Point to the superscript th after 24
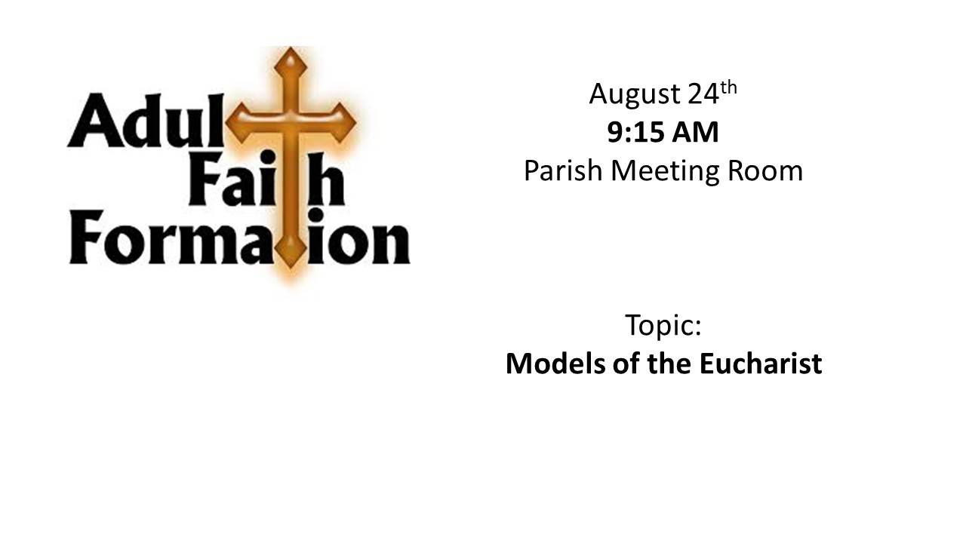729,88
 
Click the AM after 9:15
696,132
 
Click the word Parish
563,170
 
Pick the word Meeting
666,173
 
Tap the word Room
765,171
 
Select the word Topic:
663,327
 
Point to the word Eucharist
761,364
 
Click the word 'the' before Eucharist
669,364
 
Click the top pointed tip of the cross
291,48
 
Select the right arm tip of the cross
355,123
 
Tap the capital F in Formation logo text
87,237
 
